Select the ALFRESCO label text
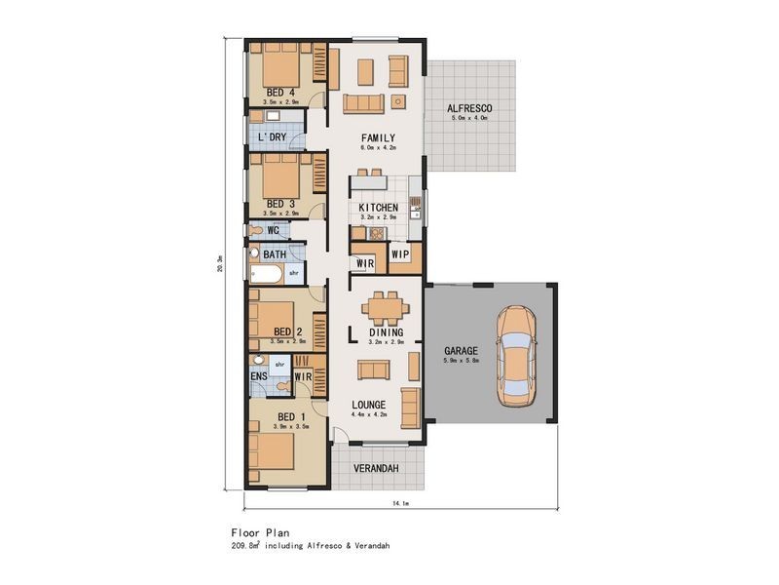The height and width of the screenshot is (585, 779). tap(468, 107)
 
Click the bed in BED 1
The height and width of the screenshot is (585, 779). tap(275, 455)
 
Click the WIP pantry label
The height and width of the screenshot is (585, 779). tap(400, 254)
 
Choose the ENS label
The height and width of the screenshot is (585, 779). tap(259, 375)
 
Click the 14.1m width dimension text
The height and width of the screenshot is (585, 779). tap(398, 503)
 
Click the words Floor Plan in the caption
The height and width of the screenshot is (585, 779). tap(257, 533)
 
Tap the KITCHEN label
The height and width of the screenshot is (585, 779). tap(377, 209)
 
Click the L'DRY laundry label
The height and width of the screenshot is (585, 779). tap(273, 137)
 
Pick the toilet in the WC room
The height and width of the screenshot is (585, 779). tap(255, 230)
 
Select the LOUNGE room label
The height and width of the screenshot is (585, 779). tap(369, 404)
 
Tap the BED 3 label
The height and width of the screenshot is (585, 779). tap(280, 204)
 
